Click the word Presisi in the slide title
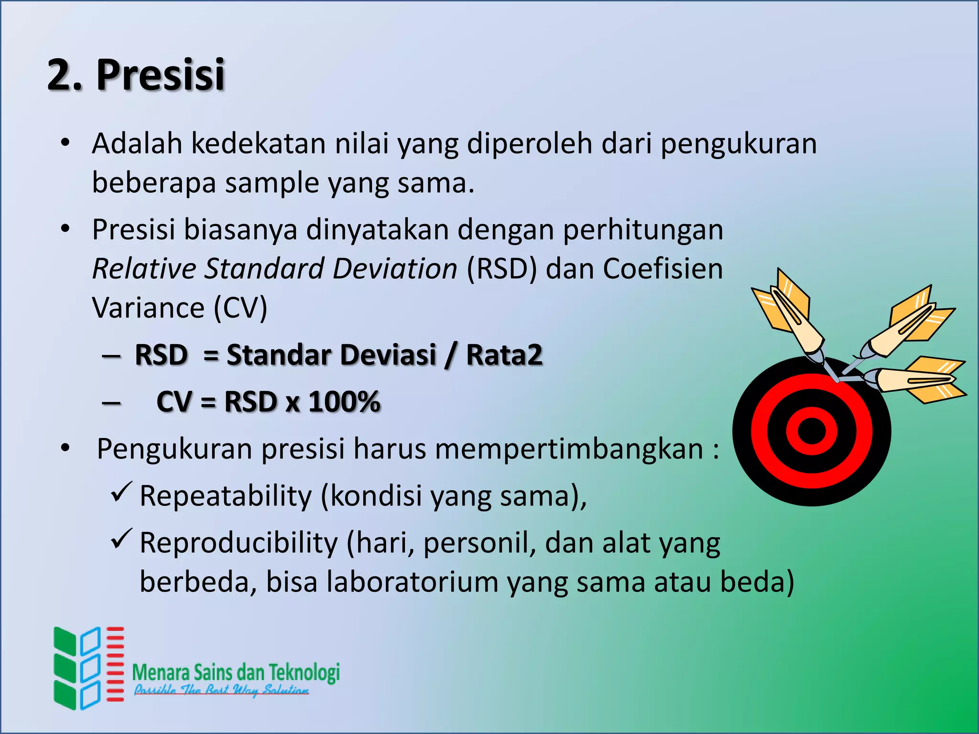coord(160,75)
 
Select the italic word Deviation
coord(395,269)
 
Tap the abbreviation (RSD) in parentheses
coord(501,269)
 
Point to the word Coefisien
coord(663,269)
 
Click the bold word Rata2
coord(504,355)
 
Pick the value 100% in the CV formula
coord(344,401)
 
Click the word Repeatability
coord(226,496)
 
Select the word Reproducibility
coord(239,543)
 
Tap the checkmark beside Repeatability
coord(121,492)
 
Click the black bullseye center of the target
coord(811,431)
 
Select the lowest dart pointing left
coord(913,380)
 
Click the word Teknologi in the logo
coord(304,672)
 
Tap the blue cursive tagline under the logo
coord(221,690)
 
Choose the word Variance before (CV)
coord(148,308)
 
